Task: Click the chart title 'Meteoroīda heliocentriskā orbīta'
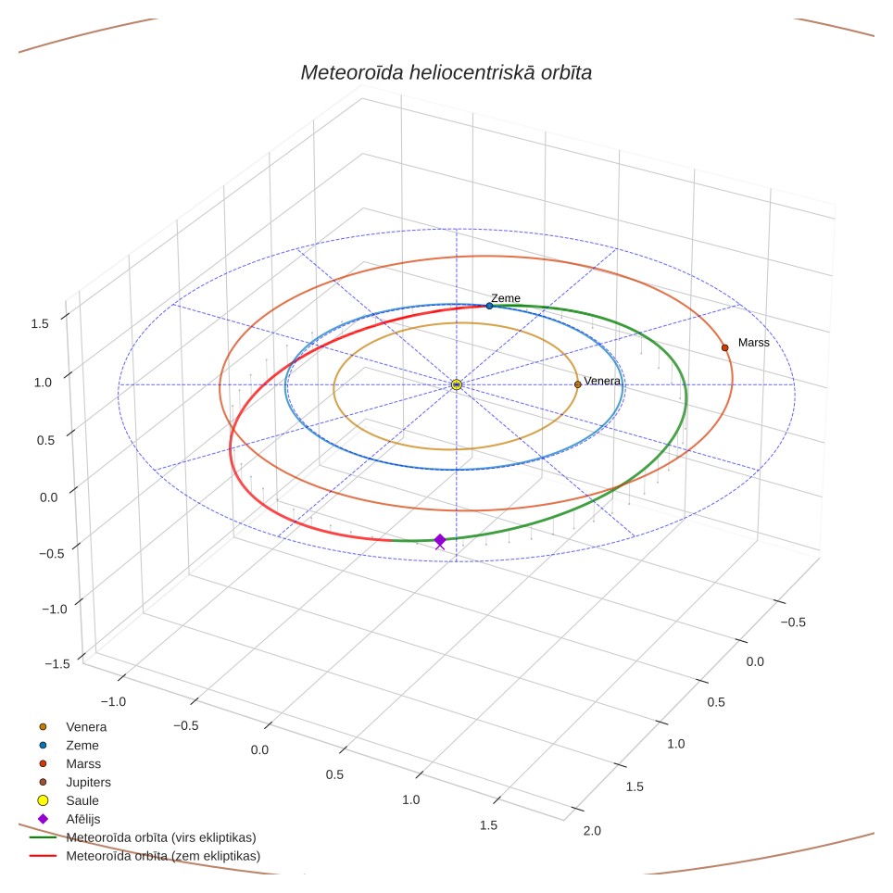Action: tap(446, 73)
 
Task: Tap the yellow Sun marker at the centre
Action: tap(456, 385)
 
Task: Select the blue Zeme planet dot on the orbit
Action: tap(489, 306)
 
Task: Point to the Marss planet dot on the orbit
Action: tap(725, 347)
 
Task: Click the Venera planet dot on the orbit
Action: tap(577, 384)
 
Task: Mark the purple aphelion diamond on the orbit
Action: tap(440, 540)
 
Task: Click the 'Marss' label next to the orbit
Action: tap(753, 342)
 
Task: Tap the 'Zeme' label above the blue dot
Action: tap(506, 298)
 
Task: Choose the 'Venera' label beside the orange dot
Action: tap(602, 381)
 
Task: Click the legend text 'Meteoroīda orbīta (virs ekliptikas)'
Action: tap(161, 837)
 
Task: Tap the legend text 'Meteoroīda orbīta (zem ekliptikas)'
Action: tap(163, 856)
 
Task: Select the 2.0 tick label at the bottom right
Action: tap(592, 830)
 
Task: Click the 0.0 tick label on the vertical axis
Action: tap(49, 497)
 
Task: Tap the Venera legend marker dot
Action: tap(43, 726)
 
